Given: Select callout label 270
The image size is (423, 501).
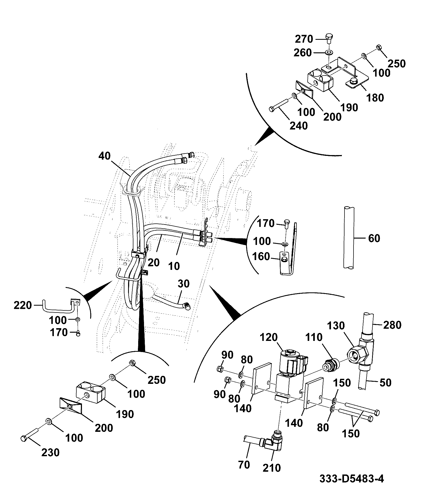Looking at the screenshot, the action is tap(304, 39).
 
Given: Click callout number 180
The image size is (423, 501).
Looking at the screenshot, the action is tap(375, 98).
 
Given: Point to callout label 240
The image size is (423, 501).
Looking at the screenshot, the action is tap(299, 125).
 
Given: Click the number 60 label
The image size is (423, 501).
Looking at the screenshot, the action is tap(374, 238).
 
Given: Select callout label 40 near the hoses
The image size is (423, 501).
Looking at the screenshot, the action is tap(104, 156).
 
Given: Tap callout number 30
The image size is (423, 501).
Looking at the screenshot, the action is tap(184, 284).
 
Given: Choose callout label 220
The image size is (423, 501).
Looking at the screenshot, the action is tap(23, 305).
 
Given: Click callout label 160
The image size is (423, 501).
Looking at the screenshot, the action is tap(261, 257).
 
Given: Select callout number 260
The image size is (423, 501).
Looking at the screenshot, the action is tap(303, 53).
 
